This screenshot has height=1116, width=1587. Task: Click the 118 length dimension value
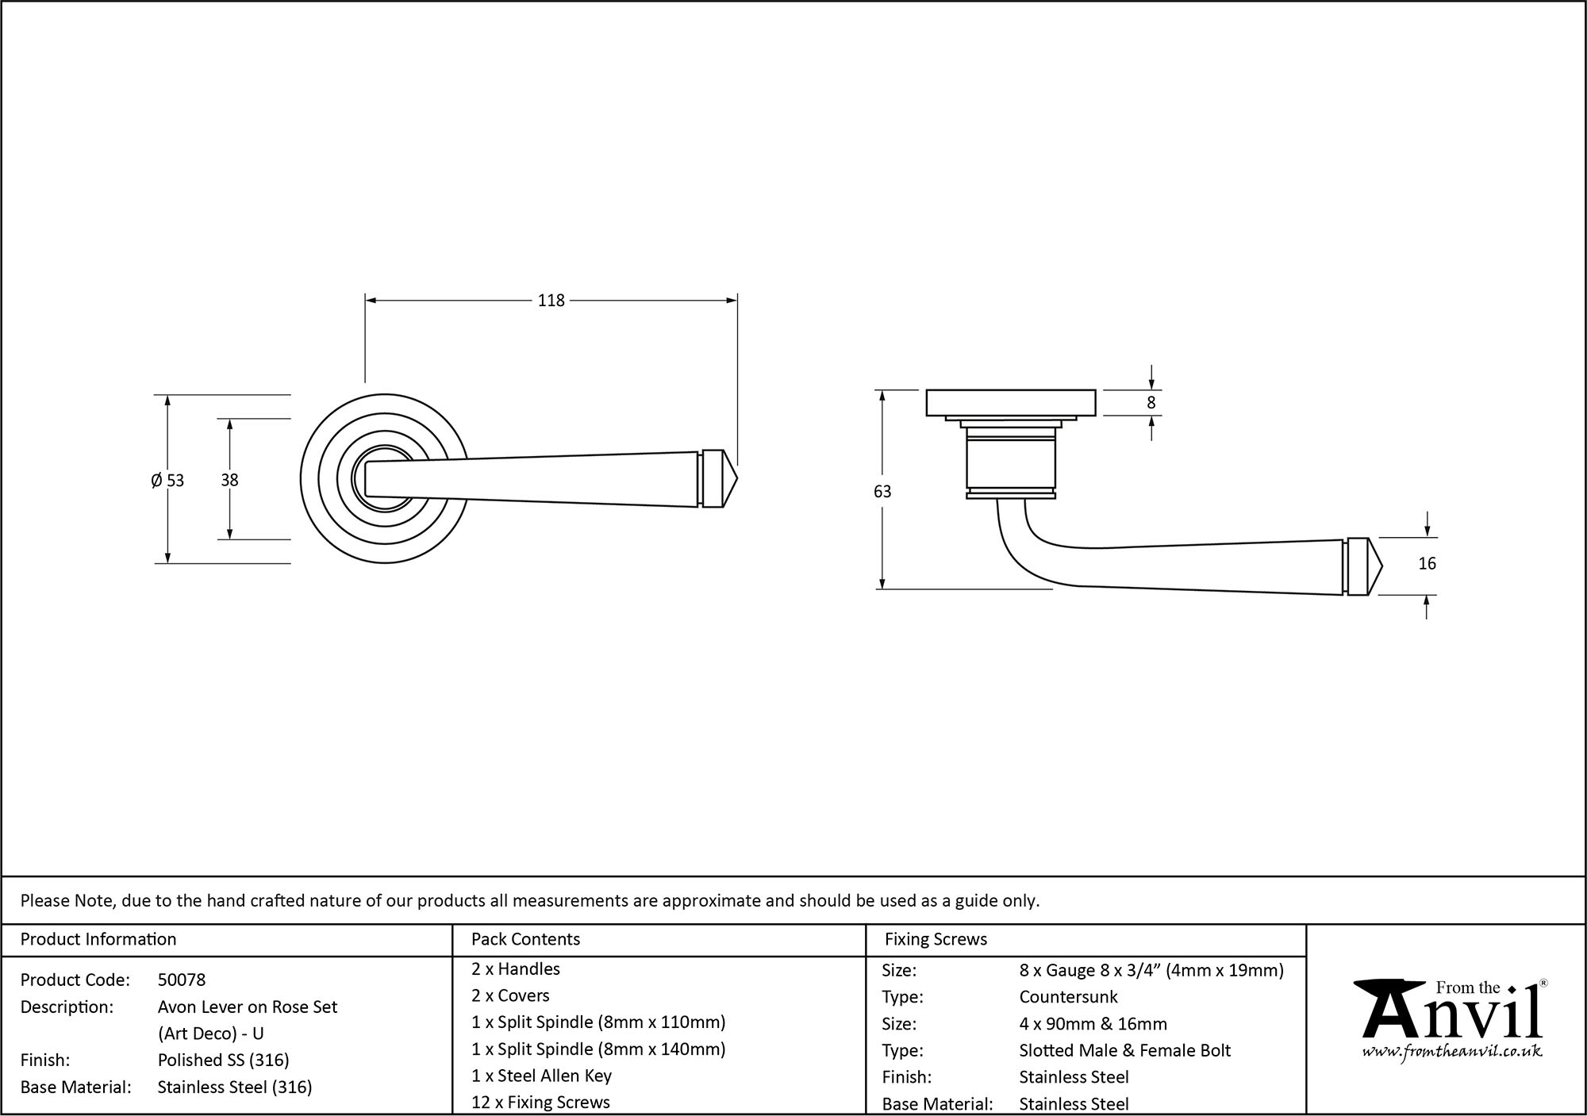pyautogui.click(x=551, y=301)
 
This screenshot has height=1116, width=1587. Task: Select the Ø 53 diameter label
pyautogui.click(x=167, y=481)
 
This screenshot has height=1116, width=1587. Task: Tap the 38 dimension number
pyautogui.click(x=229, y=480)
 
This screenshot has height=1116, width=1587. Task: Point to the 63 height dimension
pyautogui.click(x=882, y=492)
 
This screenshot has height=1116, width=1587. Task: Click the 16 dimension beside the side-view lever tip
pyautogui.click(x=1427, y=564)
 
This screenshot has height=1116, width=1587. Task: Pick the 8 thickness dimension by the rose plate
pyautogui.click(x=1151, y=403)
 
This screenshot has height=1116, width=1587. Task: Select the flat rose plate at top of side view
pyautogui.click(x=1011, y=402)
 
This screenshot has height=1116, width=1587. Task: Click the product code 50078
pyautogui.click(x=182, y=980)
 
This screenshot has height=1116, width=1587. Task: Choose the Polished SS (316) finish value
pyautogui.click(x=223, y=1060)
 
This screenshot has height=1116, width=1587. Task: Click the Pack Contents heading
pyautogui.click(x=525, y=940)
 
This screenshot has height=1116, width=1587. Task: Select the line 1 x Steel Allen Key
pyautogui.click(x=541, y=1076)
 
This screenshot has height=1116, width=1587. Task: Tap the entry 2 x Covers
pyautogui.click(x=510, y=996)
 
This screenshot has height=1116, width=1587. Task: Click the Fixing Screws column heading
pyautogui.click(x=936, y=940)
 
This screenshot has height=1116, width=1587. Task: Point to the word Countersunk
pyautogui.click(x=1068, y=997)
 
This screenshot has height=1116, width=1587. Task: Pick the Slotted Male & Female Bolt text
pyautogui.click(x=1124, y=1051)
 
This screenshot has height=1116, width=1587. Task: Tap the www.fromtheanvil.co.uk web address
pyautogui.click(x=1451, y=1052)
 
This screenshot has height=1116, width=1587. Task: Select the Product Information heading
pyautogui.click(x=98, y=940)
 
